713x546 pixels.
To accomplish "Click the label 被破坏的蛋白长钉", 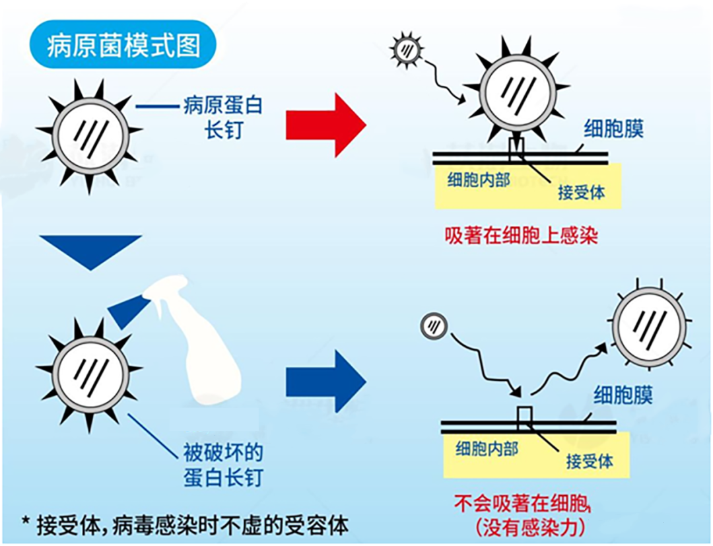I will click(222, 465).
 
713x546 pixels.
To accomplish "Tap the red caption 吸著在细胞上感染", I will click(522, 236).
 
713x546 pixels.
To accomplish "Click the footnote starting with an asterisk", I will click(185, 526).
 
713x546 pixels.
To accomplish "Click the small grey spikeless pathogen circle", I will click(433, 325).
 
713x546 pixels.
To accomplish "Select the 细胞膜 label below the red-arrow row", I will click(613, 129).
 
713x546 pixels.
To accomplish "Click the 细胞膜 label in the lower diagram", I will click(623, 395).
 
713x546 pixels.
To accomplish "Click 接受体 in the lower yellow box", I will click(589, 461).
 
